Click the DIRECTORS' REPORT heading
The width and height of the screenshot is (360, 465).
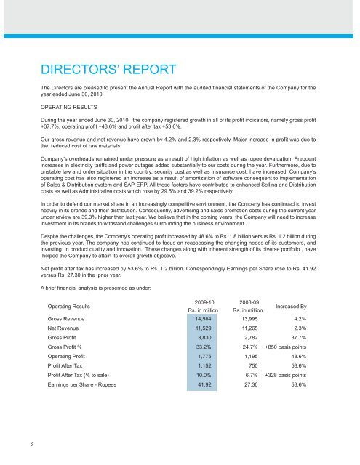(108, 70)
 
